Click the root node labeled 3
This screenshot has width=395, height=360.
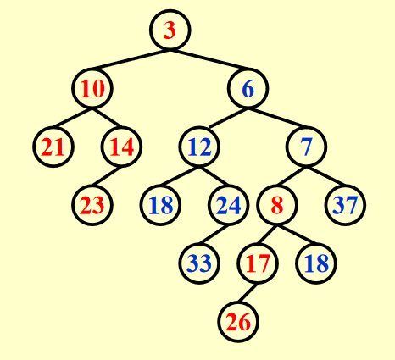(x=170, y=30)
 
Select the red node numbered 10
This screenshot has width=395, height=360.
(x=92, y=88)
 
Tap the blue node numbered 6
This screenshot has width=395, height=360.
(x=248, y=88)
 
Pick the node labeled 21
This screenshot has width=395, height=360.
(x=53, y=147)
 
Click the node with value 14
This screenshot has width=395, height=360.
(x=121, y=147)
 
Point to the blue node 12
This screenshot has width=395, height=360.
(x=199, y=147)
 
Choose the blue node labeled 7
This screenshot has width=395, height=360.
(x=306, y=147)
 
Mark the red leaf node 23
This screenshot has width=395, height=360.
(x=92, y=205)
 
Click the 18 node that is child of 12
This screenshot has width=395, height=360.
(x=160, y=205)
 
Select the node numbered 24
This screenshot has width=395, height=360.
(x=228, y=205)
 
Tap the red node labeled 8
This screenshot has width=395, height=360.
(x=277, y=205)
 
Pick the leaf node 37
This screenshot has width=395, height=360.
(x=345, y=205)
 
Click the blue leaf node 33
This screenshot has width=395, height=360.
(x=199, y=263)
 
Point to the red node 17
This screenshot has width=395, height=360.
(x=258, y=263)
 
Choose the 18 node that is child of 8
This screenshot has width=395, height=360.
(x=316, y=263)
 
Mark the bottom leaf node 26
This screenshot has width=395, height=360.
(x=238, y=322)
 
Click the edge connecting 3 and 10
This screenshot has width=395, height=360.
(x=130, y=60)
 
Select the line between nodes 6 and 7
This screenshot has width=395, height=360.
(x=278, y=118)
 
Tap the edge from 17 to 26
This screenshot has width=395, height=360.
(x=248, y=293)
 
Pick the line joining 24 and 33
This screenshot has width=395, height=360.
(x=214, y=235)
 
